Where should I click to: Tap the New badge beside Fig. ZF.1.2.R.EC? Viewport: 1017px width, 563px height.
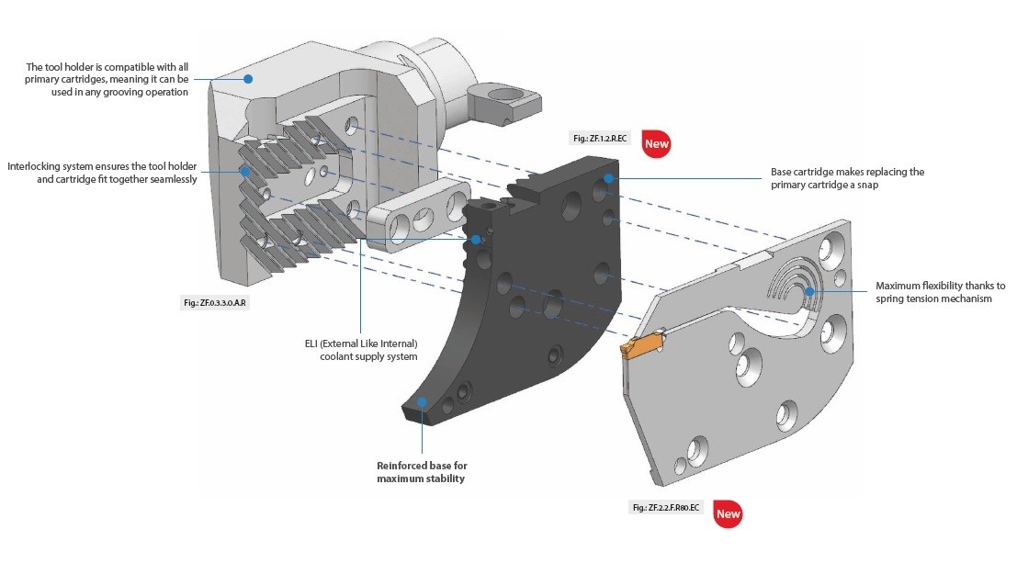coord(656,143)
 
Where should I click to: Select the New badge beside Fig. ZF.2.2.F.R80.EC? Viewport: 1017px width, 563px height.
coord(728,514)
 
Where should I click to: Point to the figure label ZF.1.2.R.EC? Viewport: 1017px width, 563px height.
coord(603,138)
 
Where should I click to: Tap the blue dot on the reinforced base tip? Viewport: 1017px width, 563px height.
coord(422,401)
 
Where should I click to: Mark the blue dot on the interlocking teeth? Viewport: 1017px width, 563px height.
coord(245,171)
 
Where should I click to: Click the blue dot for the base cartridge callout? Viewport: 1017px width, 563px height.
coord(607,178)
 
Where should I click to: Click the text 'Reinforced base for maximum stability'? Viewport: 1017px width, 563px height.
coord(422,472)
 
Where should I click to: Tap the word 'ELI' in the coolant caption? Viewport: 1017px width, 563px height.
coord(314,343)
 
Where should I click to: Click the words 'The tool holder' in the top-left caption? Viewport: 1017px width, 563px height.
coord(60,67)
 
